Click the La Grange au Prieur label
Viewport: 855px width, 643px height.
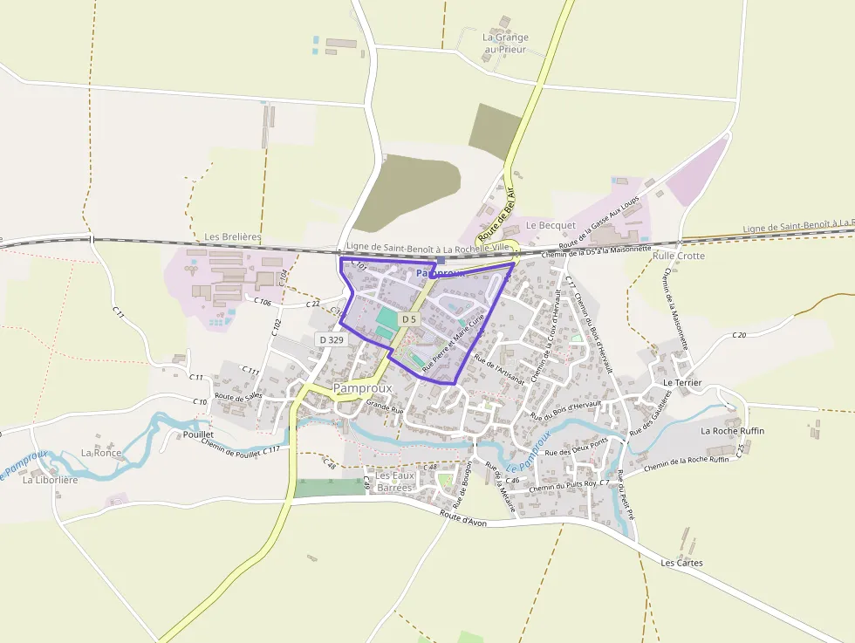505,44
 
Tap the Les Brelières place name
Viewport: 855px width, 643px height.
232,237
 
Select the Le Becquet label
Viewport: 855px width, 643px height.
551,226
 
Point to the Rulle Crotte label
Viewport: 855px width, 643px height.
679,256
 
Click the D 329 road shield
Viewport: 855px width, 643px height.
332,339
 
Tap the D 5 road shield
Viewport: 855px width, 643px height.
409,320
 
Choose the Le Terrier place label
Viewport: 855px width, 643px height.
682,383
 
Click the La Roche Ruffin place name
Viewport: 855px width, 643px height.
733,431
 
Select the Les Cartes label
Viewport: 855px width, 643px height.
681,563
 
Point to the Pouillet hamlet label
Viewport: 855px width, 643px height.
198,434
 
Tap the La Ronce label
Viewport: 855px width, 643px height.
101,453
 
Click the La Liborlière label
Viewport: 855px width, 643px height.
51,480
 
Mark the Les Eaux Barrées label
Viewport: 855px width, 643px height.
394,482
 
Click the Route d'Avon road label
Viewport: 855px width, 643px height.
463,520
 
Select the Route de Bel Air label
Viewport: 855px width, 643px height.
497,215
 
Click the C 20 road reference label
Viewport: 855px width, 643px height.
739,335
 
